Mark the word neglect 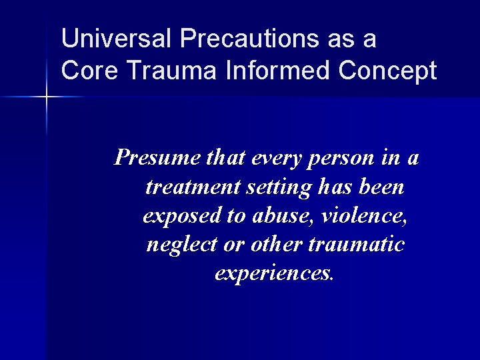(x=175, y=244)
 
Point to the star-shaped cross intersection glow (x=47, y=97)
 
